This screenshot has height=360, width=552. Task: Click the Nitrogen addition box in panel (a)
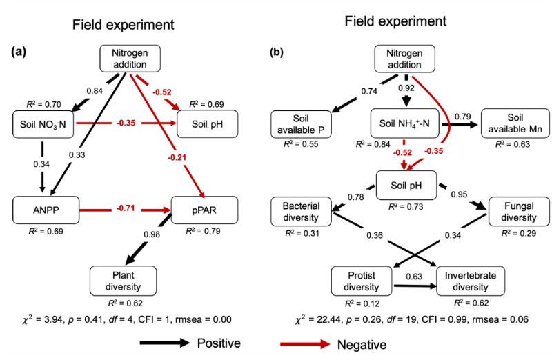(x=130, y=58)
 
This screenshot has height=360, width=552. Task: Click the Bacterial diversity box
(x=302, y=210)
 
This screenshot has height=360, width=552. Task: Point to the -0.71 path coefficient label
(x=125, y=207)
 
